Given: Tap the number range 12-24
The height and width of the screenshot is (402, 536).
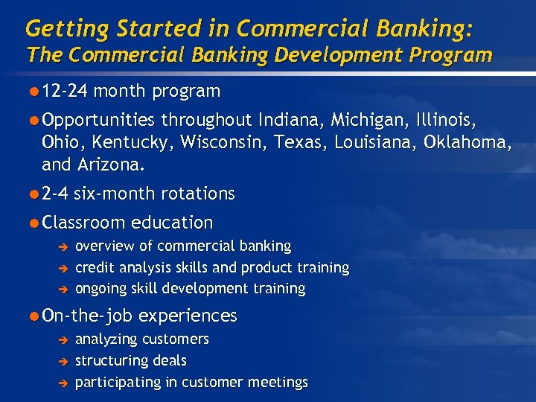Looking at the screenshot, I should (x=66, y=92).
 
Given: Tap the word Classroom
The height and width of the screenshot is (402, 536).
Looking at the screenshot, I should (x=84, y=223).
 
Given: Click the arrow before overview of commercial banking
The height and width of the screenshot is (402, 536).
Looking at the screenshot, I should (x=64, y=246).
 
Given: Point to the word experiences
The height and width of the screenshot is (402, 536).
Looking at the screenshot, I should (x=188, y=316).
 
